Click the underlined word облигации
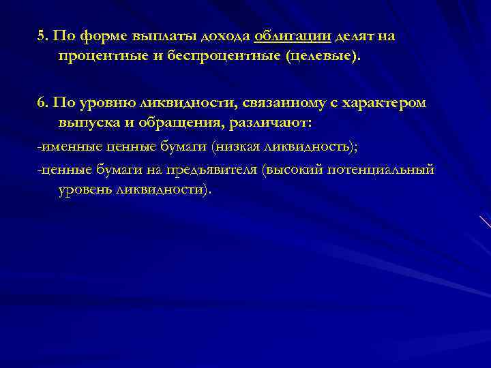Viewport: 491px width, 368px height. click(284, 36)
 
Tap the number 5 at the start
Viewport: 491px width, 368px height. click(41, 36)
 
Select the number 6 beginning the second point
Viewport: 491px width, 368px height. click(41, 103)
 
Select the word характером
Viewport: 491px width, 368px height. click(389, 103)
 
